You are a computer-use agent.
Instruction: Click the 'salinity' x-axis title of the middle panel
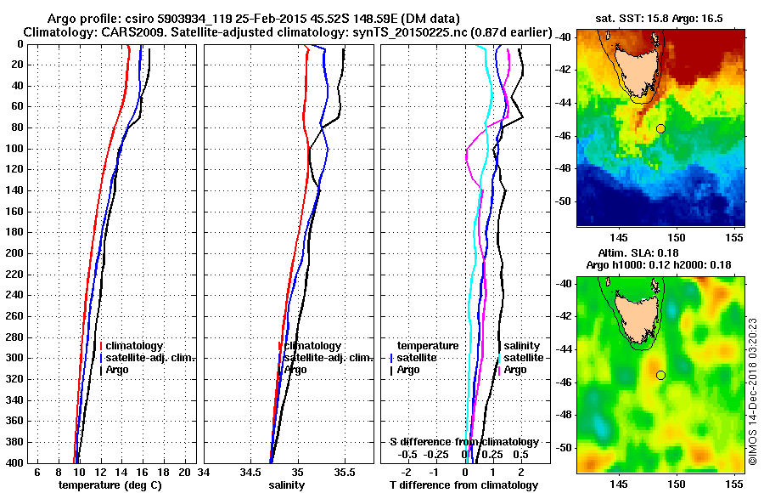coord(286,485)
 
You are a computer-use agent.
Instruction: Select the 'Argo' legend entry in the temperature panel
coord(120,370)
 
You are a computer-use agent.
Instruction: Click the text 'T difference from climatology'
coord(464,485)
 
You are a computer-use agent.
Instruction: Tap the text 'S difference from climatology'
coord(463,442)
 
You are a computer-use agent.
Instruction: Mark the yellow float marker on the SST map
coord(660,128)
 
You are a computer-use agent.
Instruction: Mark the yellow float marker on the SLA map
coord(660,375)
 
